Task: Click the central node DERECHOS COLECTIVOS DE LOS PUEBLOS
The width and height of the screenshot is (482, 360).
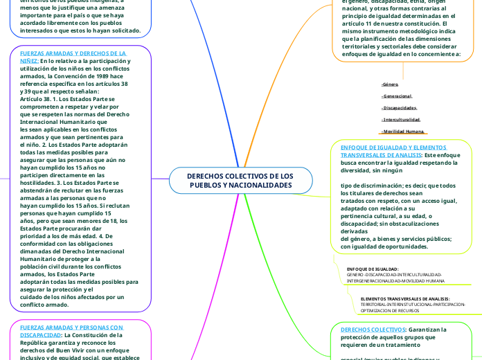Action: tap(240, 181)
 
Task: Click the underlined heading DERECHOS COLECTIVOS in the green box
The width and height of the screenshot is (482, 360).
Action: tap(373, 330)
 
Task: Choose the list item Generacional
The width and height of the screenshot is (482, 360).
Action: tap(397, 96)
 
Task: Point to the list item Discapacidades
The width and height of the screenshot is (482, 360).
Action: tap(399, 108)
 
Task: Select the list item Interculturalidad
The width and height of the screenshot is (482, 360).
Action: tap(401, 120)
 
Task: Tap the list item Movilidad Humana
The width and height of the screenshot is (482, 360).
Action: tap(403, 132)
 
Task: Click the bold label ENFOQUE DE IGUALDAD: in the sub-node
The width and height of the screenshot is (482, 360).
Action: tap(373, 269)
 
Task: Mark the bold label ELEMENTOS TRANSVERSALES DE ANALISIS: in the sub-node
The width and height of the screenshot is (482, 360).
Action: tap(405, 298)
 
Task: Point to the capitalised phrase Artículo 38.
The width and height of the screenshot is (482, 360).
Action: tap(37, 99)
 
